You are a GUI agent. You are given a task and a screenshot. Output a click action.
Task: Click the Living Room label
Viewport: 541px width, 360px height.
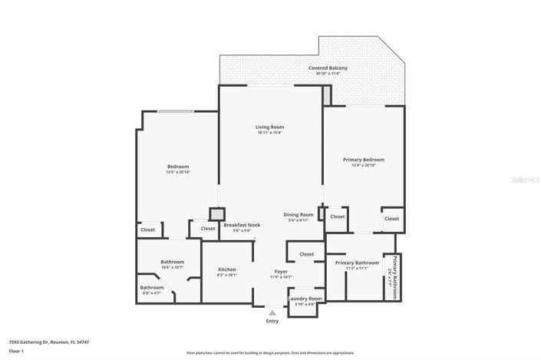[270, 127]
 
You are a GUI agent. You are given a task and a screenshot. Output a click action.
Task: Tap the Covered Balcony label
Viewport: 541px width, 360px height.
[328, 68]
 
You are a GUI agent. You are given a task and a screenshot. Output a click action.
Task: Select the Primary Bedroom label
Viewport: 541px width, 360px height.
[363, 160]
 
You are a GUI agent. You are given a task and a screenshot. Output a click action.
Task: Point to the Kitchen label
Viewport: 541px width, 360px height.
[226, 269]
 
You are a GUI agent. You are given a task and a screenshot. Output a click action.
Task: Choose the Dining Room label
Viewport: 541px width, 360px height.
[299, 214]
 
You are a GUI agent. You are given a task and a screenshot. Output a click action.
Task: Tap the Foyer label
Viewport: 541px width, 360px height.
[282, 272]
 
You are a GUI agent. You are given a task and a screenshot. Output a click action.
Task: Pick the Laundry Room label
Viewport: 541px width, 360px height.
[305, 299]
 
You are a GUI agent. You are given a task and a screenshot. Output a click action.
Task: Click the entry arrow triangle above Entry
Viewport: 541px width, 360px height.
[272, 312]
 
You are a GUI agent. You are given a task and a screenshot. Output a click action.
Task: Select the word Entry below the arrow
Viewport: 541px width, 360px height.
[272, 321]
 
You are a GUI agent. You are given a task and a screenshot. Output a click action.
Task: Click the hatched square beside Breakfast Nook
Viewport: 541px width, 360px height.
[216, 214]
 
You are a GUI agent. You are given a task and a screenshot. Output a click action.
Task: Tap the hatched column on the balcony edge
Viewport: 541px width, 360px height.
[327, 95]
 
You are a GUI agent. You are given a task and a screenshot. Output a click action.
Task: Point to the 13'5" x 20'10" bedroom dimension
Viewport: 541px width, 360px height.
[177, 172]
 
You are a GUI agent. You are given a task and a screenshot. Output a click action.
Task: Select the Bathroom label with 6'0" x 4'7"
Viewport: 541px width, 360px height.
[151, 288]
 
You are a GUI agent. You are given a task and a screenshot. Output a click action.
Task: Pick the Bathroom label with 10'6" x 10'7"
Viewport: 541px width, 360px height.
[172, 262]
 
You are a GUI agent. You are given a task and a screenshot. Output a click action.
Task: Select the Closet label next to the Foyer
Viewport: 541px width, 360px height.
[306, 253]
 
